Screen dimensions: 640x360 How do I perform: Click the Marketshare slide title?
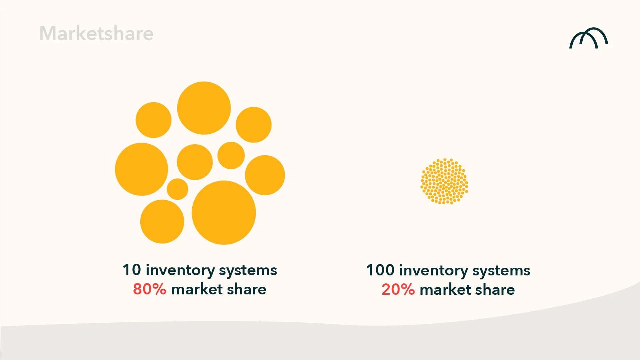pos(96,33)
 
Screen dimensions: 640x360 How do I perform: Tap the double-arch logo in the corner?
pos(588,38)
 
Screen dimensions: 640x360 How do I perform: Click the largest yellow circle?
pos(224,212)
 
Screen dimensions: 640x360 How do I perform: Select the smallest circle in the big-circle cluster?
pos(177,189)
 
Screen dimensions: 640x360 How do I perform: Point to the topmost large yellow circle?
pos(204,108)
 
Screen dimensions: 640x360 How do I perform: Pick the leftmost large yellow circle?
pos(141,169)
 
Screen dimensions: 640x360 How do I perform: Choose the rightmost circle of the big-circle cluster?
pos(265,175)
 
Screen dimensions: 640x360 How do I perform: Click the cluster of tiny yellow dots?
pos(444,181)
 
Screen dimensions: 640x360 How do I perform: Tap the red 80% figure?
pos(149,289)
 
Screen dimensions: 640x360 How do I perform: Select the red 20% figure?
pos(398,289)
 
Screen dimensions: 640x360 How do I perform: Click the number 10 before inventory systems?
pos(132,270)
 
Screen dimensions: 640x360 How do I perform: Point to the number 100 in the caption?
pos(380,270)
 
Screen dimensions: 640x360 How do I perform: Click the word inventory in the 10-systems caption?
pos(180,270)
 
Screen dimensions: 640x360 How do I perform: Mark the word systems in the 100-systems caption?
pos(501,271)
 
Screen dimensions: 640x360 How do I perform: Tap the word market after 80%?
pos(197,289)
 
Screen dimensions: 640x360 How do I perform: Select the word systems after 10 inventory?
pos(248,270)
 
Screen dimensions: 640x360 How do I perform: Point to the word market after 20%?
pos(445,289)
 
